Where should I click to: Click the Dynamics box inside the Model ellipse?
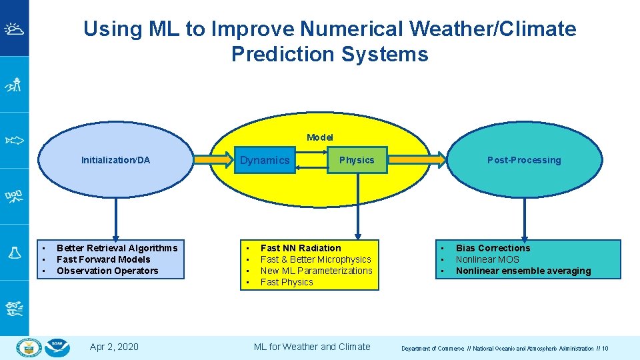pyautogui.click(x=265, y=160)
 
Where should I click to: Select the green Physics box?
pyautogui.click(x=357, y=160)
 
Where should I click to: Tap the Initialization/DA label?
pyautogui.click(x=115, y=160)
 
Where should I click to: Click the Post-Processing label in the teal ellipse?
pyautogui.click(x=524, y=160)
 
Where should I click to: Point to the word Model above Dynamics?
pyautogui.click(x=320, y=137)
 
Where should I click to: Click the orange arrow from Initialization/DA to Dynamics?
pyautogui.click(x=215, y=159)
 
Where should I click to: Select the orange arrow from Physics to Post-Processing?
pyautogui.click(x=417, y=159)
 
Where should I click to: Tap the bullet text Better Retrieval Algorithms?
pyautogui.click(x=117, y=248)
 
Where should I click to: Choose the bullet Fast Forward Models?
pyautogui.click(x=103, y=259)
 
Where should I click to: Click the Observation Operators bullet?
pyautogui.click(x=107, y=271)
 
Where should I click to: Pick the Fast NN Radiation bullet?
pyautogui.click(x=300, y=248)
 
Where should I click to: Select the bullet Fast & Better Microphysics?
pyautogui.click(x=315, y=259)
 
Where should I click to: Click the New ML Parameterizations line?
pyautogui.click(x=316, y=271)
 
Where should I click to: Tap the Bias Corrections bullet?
pyautogui.click(x=493, y=248)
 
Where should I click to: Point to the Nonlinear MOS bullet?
pyautogui.click(x=487, y=259)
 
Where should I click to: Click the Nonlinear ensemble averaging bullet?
pyautogui.click(x=523, y=271)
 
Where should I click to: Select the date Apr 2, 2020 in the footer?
pyautogui.click(x=114, y=347)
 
